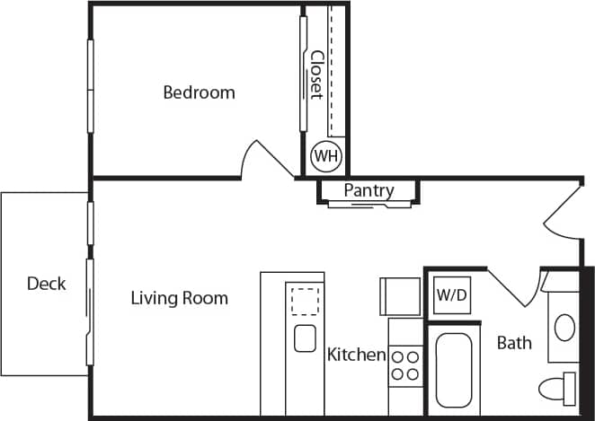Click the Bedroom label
coord(199,92)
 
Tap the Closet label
coord(316,75)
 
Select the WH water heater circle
coord(325,156)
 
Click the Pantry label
coord(369,190)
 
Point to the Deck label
coord(46,284)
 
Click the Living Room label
coord(179,298)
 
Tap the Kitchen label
coord(356,355)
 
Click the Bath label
coord(514,342)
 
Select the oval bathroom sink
coord(564,326)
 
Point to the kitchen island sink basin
coord(304,338)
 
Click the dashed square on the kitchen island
coord(304,301)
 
